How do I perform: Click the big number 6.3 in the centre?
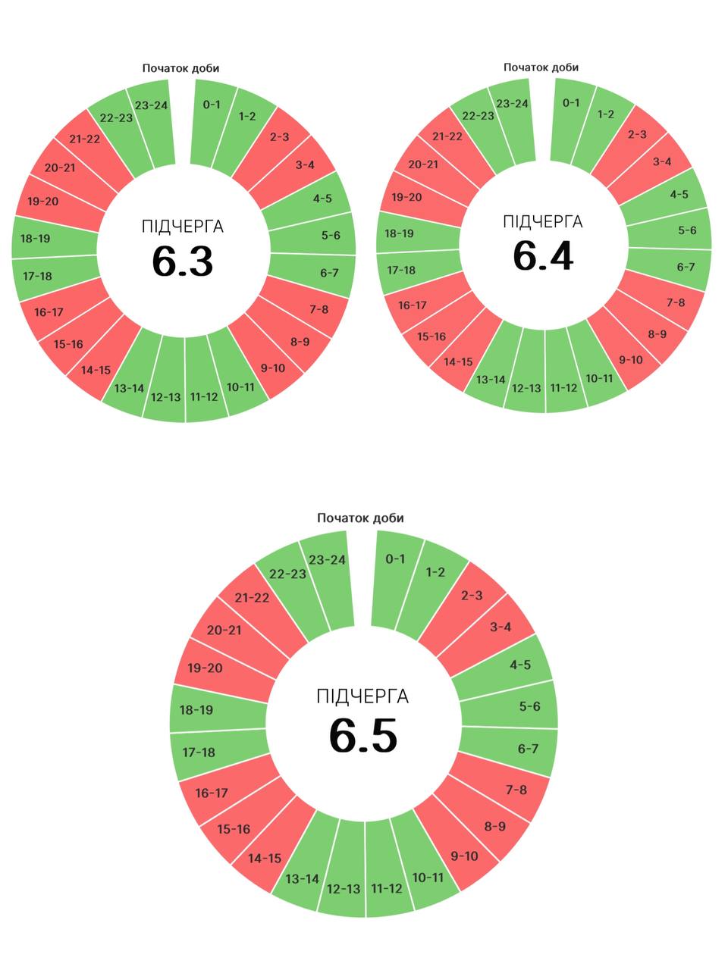tap(182, 261)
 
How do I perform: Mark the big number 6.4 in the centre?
tap(543, 255)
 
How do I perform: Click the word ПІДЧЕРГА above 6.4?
tap(543, 221)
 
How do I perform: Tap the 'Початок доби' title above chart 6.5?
tap(360, 518)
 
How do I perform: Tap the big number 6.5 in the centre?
tap(362, 735)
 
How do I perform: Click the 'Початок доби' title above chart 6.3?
tap(180, 68)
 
